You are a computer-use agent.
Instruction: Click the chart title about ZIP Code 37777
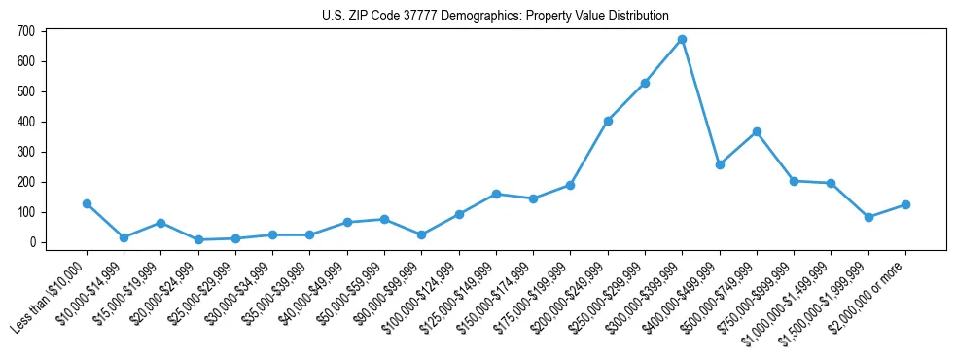495,16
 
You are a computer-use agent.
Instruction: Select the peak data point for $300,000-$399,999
682,40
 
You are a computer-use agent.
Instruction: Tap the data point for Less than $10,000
87,203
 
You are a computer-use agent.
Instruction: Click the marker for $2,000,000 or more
905,204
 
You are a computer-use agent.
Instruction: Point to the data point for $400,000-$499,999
720,164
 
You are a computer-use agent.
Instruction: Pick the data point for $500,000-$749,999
757,131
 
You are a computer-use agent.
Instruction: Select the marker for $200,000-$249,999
608,121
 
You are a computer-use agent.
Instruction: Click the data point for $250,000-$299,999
645,83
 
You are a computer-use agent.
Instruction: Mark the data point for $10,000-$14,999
124,237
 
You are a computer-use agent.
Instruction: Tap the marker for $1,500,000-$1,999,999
868,217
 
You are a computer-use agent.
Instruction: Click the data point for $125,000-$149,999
496,194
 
